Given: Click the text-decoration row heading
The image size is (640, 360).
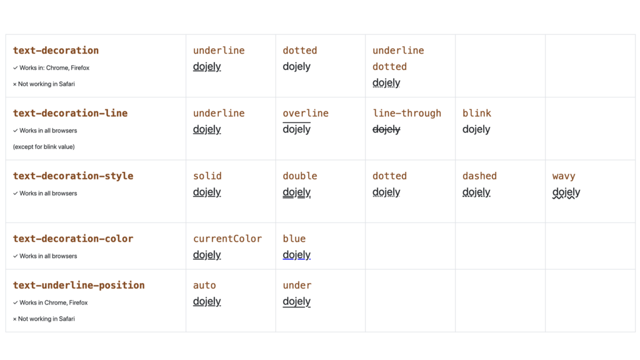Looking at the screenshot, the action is tap(56, 51).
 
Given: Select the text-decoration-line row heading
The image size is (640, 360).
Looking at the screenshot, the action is tap(70, 113).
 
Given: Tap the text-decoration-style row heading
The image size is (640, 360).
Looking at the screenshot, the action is tap(73, 176).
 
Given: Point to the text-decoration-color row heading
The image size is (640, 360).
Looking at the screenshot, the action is tap(73, 239).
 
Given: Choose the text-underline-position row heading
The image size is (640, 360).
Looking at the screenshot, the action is tap(79, 285).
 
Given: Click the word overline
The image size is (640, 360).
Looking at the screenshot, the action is tap(306, 113).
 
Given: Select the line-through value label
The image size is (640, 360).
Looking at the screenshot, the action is tap(407, 114).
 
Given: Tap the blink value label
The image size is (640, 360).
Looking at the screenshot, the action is tap(477, 113).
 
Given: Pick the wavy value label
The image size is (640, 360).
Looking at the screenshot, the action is tap(564, 176).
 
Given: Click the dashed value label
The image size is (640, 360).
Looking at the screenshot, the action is tap(479, 176).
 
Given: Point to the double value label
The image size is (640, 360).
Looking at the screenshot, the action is tap(300, 176).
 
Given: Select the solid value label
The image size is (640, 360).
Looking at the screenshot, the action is tap(207, 176).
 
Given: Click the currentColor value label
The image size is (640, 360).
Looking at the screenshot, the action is tap(227, 239).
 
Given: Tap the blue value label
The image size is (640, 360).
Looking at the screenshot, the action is tap(294, 239).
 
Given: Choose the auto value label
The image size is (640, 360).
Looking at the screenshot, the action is tap(204, 285).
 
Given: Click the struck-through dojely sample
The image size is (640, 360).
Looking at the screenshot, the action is tap(386, 129).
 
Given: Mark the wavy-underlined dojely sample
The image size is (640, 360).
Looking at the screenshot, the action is tap(566, 192).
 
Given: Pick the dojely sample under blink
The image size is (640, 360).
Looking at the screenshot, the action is tap(476, 129).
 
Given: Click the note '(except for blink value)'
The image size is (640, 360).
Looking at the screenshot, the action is tap(44, 147).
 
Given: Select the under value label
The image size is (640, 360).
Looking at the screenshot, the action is tap(297, 285).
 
